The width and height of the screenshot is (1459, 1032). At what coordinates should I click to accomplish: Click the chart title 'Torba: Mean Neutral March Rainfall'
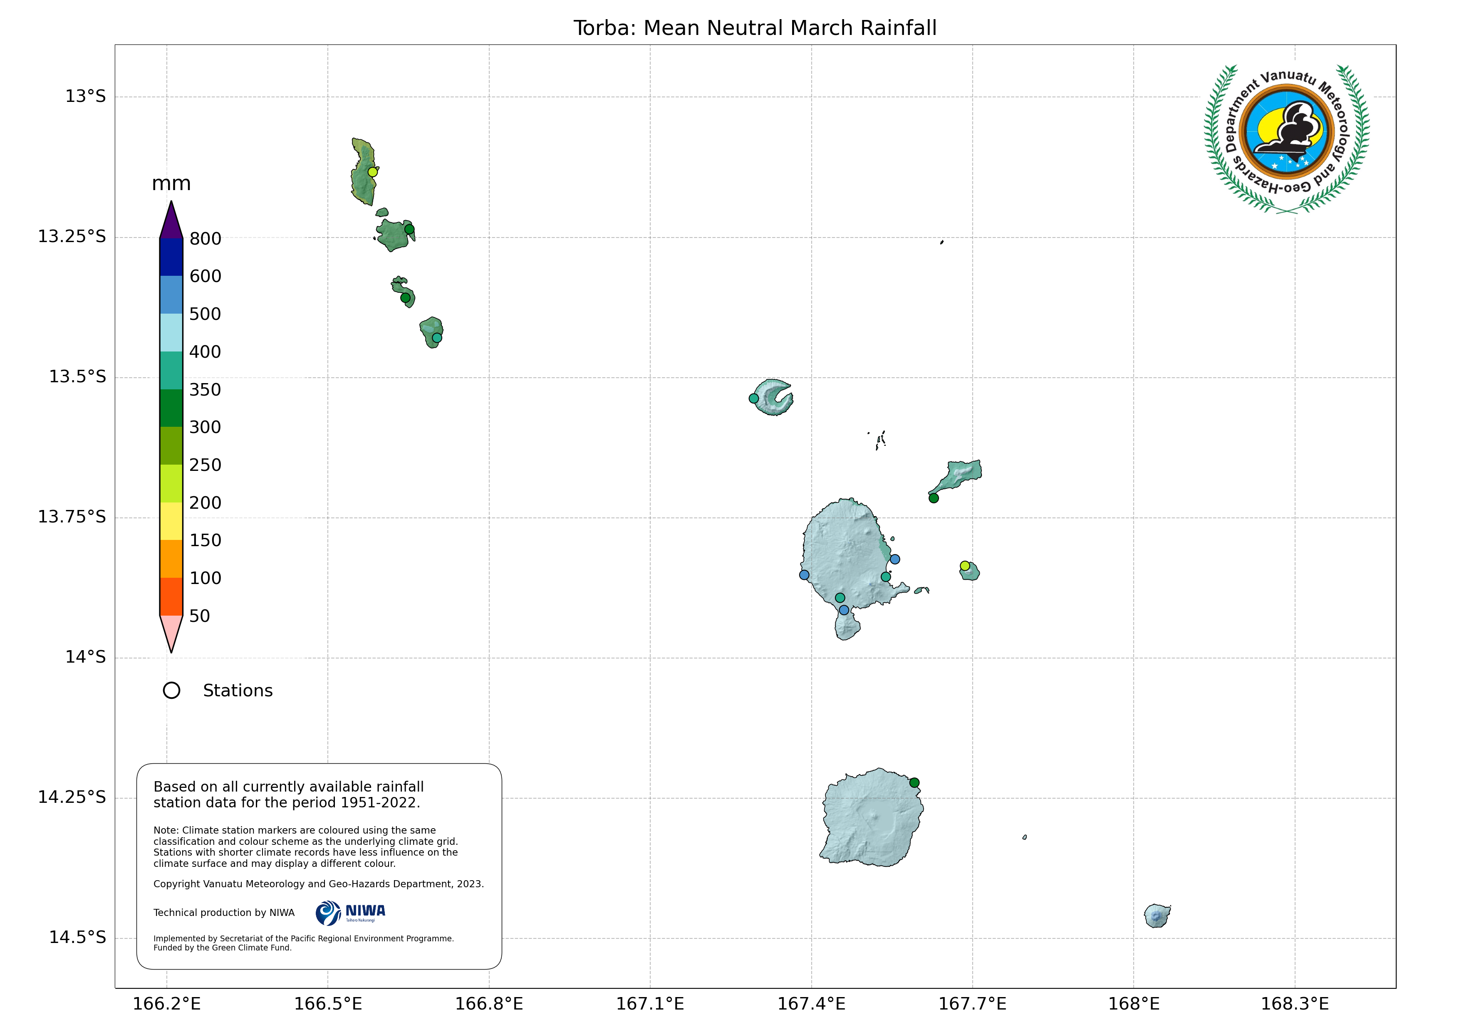click(x=755, y=28)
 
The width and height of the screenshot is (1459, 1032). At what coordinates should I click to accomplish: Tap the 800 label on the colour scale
click(x=205, y=239)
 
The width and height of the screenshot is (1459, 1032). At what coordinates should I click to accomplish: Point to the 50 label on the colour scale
click(x=200, y=616)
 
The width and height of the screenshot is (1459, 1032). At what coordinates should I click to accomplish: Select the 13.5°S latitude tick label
click(x=77, y=377)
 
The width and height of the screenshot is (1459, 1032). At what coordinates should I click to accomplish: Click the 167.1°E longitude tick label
click(x=650, y=1004)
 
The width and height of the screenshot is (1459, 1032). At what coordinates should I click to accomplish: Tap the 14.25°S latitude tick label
click(x=72, y=797)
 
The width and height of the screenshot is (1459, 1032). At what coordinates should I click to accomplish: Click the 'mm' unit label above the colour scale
click(x=171, y=184)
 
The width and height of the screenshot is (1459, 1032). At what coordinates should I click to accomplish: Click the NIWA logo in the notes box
click(x=350, y=913)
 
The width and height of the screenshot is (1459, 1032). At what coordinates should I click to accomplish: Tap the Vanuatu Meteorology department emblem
click(x=1287, y=139)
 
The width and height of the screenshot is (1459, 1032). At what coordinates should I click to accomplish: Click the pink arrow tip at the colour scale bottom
click(x=171, y=634)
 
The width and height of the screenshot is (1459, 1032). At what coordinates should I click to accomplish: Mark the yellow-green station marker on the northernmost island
click(x=373, y=171)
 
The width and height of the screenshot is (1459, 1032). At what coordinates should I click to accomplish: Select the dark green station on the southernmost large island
click(x=914, y=783)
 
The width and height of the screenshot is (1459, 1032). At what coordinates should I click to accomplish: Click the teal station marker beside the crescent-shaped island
click(x=754, y=398)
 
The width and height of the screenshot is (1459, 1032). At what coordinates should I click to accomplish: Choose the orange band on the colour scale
click(x=171, y=559)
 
